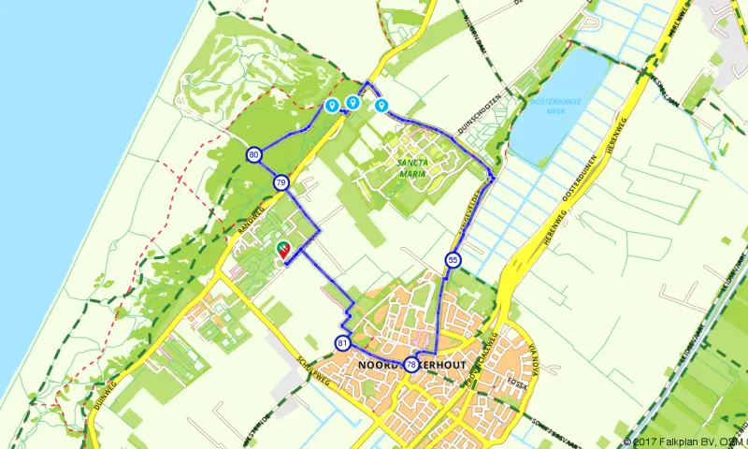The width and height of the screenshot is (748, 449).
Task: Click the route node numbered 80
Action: click(x=254, y=155)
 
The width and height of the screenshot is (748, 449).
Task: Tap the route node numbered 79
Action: click(x=280, y=182)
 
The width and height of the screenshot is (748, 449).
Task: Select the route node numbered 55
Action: click(x=453, y=260)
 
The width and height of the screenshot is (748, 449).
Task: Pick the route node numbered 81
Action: click(x=342, y=343)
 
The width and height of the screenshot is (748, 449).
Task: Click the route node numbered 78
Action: click(x=411, y=364)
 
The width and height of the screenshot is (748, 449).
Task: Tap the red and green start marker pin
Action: click(x=283, y=248)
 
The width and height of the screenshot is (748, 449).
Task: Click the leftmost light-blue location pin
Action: click(x=331, y=106)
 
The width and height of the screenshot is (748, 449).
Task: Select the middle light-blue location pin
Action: click(x=352, y=103)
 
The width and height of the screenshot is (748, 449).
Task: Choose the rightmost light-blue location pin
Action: click(x=381, y=106)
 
